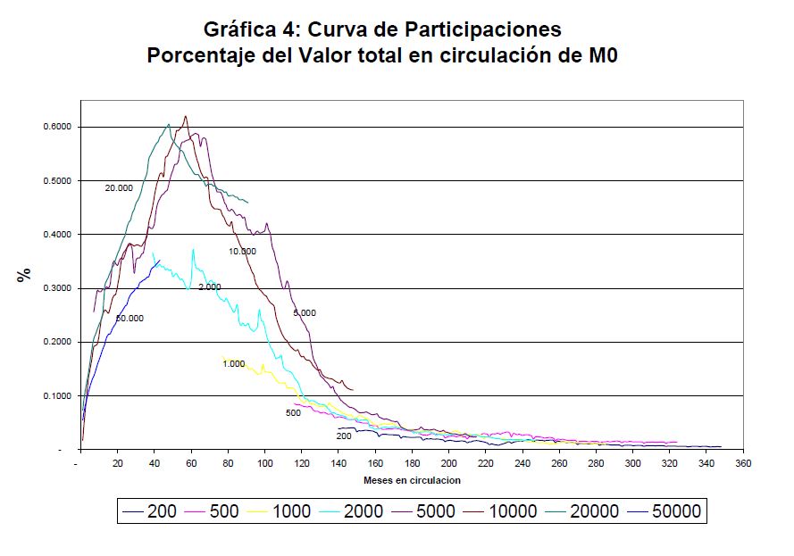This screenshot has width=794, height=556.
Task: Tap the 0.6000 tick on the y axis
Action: pyautogui.click(x=56, y=127)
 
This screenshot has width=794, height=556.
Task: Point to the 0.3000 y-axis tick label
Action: pyautogui.click(x=56, y=288)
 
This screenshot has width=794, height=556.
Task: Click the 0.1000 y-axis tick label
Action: pyautogui.click(x=56, y=395)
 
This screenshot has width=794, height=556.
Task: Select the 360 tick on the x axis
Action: pyautogui.click(x=742, y=464)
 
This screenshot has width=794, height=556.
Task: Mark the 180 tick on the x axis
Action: pyautogui.click(x=412, y=464)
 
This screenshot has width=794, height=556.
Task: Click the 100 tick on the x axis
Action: pyautogui.click(x=264, y=464)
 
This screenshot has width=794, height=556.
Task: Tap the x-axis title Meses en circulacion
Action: pyautogui.click(x=412, y=480)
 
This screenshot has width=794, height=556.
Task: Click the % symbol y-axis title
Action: pyautogui.click(x=23, y=275)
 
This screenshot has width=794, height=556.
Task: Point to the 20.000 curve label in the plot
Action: pyautogui.click(x=119, y=188)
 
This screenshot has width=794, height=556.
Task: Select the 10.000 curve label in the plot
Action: pyautogui.click(x=241, y=252)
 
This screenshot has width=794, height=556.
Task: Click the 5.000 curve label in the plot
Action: pyautogui.click(x=305, y=313)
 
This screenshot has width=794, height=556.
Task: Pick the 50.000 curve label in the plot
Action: pyautogui.click(x=130, y=319)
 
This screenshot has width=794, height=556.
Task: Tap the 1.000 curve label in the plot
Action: pyautogui.click(x=233, y=364)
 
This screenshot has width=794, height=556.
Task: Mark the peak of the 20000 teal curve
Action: pyautogui.click(x=168, y=125)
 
